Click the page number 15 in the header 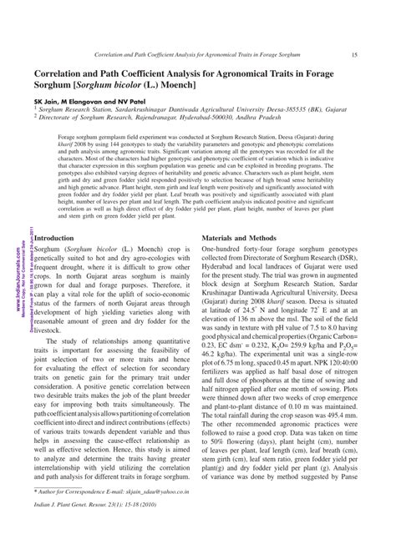pos(356,55)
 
